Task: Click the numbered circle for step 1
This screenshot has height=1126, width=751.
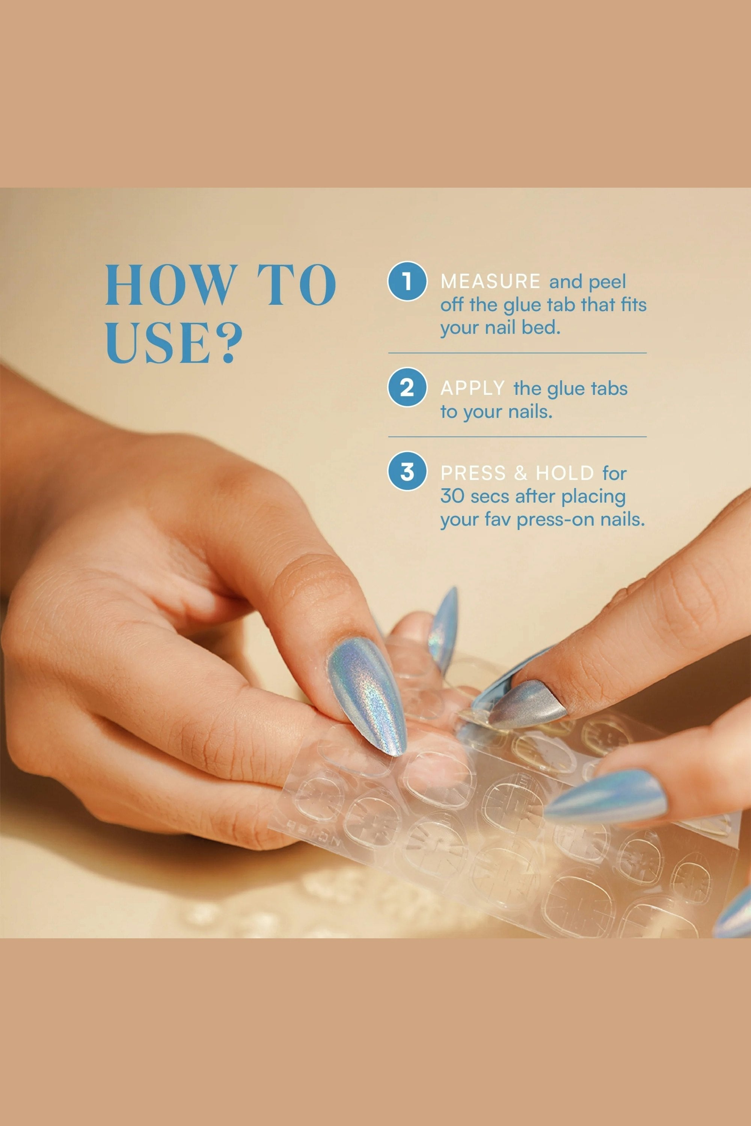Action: point(407,281)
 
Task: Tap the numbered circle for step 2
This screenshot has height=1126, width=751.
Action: point(407,387)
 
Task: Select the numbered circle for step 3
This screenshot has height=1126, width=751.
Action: point(407,471)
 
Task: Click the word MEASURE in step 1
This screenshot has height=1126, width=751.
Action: point(490,281)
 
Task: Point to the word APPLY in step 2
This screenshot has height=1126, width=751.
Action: point(473,388)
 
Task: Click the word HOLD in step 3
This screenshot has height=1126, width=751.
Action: point(565,473)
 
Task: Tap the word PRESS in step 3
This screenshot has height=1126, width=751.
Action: point(473,473)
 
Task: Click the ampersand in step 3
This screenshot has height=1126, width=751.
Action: point(520,473)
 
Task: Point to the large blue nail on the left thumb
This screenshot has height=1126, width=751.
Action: point(367,695)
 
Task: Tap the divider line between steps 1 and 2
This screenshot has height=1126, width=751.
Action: point(517,353)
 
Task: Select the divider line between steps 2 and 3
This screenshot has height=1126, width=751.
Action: point(517,437)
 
